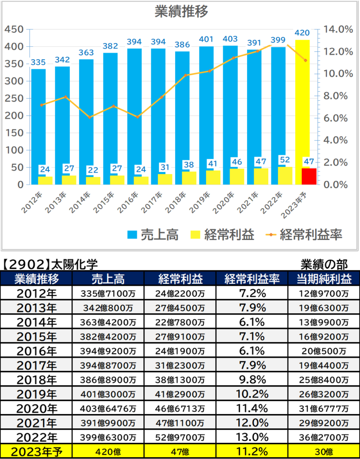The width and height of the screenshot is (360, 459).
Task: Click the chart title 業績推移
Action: [181, 13]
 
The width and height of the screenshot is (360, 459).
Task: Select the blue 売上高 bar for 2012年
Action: [38, 127]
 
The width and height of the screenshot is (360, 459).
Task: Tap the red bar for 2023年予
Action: [309, 176]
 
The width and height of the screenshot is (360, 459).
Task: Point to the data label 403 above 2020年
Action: [230, 39]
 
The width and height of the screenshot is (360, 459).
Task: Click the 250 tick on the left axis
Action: [15, 99]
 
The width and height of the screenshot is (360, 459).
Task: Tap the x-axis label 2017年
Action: [152, 202]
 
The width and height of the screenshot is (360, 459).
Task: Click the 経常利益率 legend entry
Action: [304, 234]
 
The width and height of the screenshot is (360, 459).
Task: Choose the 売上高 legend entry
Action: [153, 234]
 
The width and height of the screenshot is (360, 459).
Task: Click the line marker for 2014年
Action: [90, 117]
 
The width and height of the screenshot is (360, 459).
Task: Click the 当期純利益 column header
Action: [324, 279]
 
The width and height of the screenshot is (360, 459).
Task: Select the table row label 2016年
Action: [36, 351]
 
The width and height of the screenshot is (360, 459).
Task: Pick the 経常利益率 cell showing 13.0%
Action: [252, 437]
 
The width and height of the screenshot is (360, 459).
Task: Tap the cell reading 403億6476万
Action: [108, 408]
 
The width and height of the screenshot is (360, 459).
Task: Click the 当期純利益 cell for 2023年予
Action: [324, 451]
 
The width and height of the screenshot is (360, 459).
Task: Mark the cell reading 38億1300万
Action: [180, 380]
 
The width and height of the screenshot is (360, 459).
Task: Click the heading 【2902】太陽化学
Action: [50, 265]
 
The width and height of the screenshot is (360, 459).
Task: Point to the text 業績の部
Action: [324, 265]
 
